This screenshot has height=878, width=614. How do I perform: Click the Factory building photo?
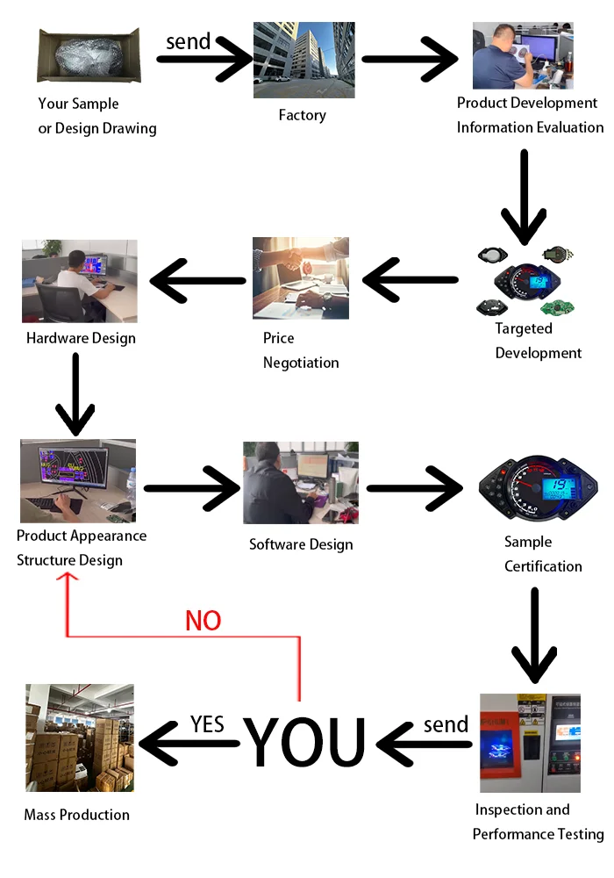pos(303,60)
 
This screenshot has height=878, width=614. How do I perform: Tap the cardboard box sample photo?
pos(89,55)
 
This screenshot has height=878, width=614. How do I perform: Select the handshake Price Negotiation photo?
pos(300,277)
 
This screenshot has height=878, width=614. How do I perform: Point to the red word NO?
pos(203,621)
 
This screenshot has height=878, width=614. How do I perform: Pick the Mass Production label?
pos(76,815)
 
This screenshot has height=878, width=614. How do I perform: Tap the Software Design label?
pos(301,544)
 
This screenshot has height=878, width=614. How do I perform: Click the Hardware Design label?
pos(81,338)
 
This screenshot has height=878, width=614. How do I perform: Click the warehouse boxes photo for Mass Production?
pos(80,738)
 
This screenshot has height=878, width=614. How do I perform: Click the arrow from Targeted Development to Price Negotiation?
pos(411,281)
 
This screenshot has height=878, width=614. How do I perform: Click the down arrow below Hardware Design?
pos(75,394)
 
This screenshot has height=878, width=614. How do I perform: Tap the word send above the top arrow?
pos(189,40)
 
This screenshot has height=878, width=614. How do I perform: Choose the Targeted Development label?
pos(538,341)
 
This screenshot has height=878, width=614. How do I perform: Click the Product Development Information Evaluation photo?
pos(523,55)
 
